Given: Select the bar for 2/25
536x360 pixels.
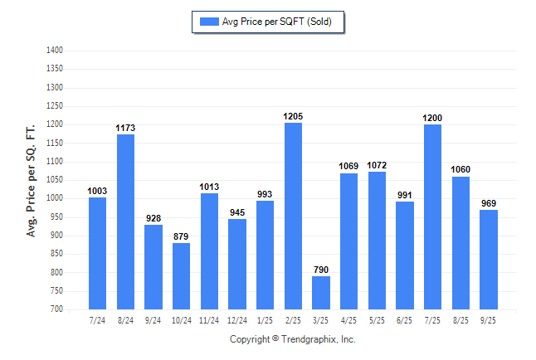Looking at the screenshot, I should (x=293, y=216).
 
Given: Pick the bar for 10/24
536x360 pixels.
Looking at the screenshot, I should (x=182, y=275).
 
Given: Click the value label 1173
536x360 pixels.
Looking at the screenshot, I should (x=125, y=129).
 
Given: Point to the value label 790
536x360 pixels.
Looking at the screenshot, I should (x=321, y=270).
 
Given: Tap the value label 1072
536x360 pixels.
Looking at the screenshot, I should (x=377, y=166).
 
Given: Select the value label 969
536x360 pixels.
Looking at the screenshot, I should (x=488, y=204).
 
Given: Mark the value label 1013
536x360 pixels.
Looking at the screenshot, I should (x=209, y=187).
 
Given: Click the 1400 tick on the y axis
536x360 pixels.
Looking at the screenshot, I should (x=55, y=51).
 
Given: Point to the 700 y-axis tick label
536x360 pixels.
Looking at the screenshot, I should (x=57, y=309).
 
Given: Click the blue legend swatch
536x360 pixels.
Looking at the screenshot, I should (x=207, y=22).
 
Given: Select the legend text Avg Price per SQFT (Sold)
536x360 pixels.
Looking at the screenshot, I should (x=277, y=22).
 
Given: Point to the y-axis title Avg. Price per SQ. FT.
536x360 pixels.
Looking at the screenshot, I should (x=32, y=181).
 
